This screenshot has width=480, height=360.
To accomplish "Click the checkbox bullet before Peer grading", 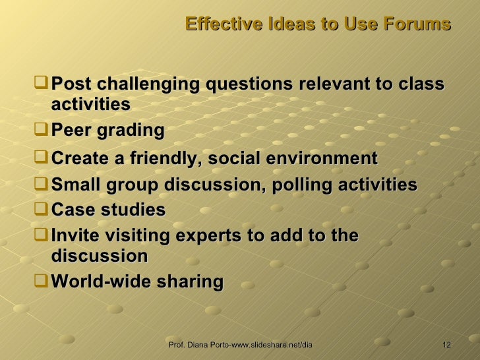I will tap(43, 130).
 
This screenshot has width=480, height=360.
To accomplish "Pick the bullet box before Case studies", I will tap(43, 210).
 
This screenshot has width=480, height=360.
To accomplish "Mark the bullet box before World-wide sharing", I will tap(43, 281).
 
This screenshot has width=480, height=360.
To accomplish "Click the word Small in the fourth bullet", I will tap(75, 185).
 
